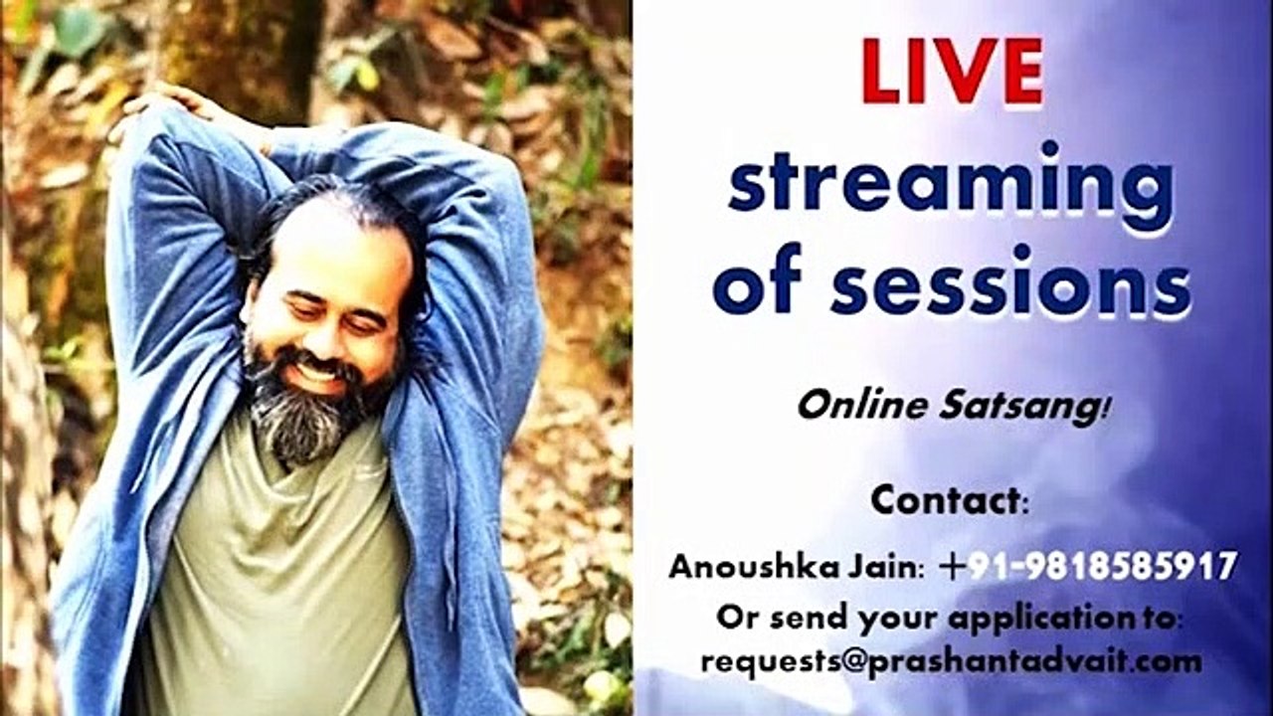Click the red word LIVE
pyautogui.click(x=953, y=74)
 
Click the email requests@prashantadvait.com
pyautogui.click(x=951, y=660)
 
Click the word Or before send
pyautogui.click(x=736, y=618)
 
